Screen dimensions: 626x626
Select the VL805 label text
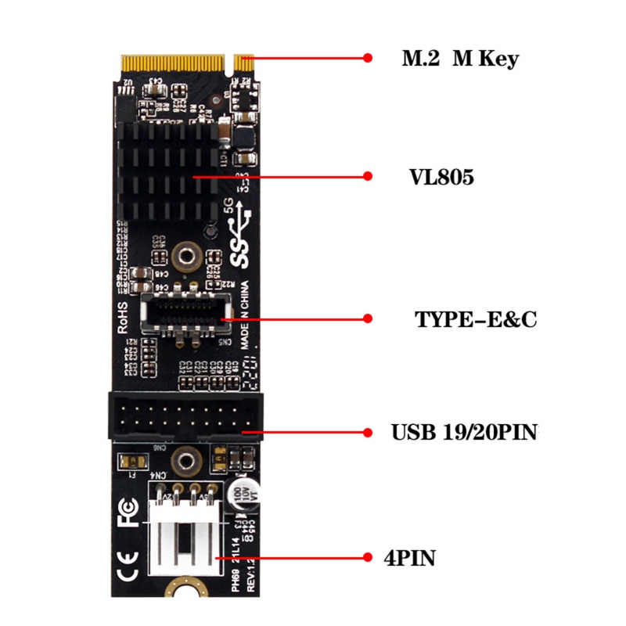(x=441, y=178)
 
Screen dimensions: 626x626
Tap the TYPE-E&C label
(x=475, y=319)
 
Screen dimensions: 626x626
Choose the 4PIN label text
(x=410, y=558)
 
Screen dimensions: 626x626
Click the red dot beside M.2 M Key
(x=368, y=57)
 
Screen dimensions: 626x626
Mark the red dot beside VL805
(x=368, y=178)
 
